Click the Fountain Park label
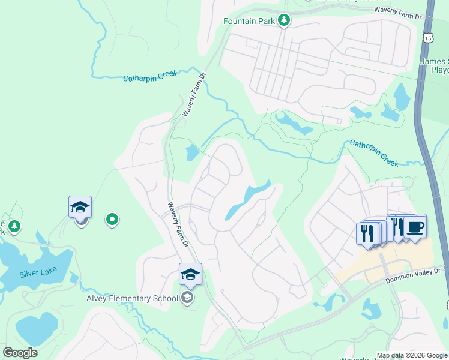tap(249, 20)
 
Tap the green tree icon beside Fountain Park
tap(284, 20)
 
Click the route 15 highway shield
tap(427, 38)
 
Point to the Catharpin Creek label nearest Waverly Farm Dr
tap(150, 76)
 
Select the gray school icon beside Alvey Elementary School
tap(187, 298)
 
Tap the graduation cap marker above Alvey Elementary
tap(190, 275)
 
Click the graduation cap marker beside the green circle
tap(80, 208)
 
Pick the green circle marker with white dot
tap(112, 220)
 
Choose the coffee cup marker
tap(414, 227)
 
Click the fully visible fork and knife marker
tap(367, 233)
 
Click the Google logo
tap(20, 353)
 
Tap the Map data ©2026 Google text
tap(412, 355)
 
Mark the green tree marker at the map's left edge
tap(14, 226)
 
